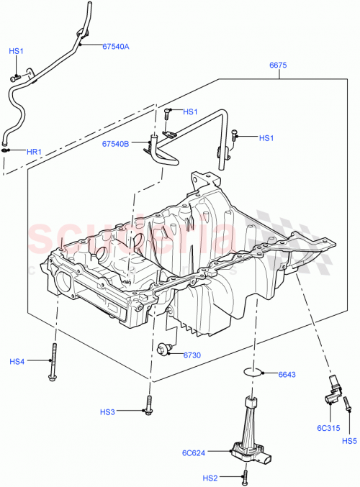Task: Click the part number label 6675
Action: click(x=279, y=65)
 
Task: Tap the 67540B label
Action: click(x=115, y=143)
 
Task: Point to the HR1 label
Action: click(x=35, y=152)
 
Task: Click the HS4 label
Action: click(x=17, y=361)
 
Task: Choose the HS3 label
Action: click(x=107, y=412)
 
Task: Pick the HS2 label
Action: click(x=210, y=478)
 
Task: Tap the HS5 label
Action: click(x=349, y=441)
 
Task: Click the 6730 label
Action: click(x=192, y=355)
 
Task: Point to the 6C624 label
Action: click(x=194, y=452)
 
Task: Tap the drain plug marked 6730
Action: click(x=164, y=350)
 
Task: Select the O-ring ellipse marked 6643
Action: click(x=252, y=373)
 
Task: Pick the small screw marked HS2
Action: click(x=246, y=475)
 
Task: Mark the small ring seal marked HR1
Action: click(x=6, y=150)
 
